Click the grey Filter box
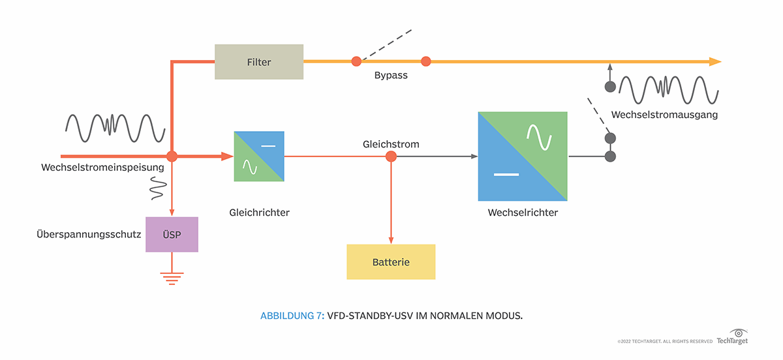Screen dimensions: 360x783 click(x=259, y=62)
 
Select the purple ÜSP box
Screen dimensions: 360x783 click(x=172, y=234)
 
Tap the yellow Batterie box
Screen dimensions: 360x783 click(x=391, y=262)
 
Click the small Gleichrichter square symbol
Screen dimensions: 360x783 click(x=259, y=157)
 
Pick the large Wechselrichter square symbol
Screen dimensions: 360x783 click(x=523, y=157)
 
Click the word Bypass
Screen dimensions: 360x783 click(x=391, y=76)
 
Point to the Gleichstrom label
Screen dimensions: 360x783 click(x=391, y=143)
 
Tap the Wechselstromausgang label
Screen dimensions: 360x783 click(x=664, y=115)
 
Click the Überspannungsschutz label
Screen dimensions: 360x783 click(x=89, y=233)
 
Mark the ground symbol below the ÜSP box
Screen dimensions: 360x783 click(x=172, y=278)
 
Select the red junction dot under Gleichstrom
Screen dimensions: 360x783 click(x=391, y=157)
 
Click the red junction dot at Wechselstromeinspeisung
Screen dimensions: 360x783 click(x=172, y=157)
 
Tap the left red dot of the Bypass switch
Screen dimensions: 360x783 click(x=356, y=61)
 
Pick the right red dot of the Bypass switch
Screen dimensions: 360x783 click(x=426, y=61)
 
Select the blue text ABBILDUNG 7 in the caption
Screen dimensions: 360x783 click(x=292, y=316)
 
